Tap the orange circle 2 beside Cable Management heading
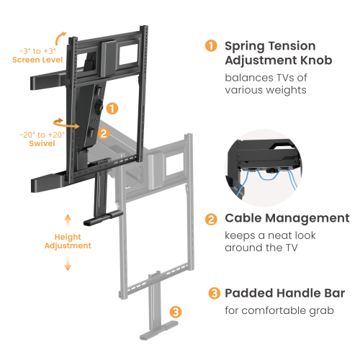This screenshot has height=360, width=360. click(212, 219)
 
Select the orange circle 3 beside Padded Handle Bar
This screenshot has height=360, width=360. click(214, 294)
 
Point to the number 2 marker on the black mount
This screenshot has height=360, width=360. click(103, 133)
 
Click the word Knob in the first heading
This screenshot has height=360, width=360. click(314, 60)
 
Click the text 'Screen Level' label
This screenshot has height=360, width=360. click(37, 60)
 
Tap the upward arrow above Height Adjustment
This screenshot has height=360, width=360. click(68, 217)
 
